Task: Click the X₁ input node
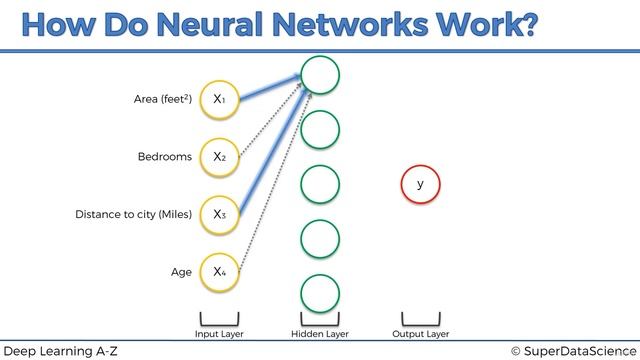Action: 219,99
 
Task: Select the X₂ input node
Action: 219,157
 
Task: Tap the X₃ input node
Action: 219,214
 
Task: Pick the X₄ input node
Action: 219,271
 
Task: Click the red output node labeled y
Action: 420,185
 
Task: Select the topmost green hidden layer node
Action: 320,75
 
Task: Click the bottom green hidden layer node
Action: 320,293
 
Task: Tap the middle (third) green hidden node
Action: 320,184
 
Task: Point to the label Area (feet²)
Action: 162,99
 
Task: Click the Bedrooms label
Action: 164,157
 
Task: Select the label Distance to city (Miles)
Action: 133,214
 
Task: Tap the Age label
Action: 181,271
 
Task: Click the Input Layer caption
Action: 219,334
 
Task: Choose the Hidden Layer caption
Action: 320,334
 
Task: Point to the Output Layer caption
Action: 420,334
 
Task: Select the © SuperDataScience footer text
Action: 572,351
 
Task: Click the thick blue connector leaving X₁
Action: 265,85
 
